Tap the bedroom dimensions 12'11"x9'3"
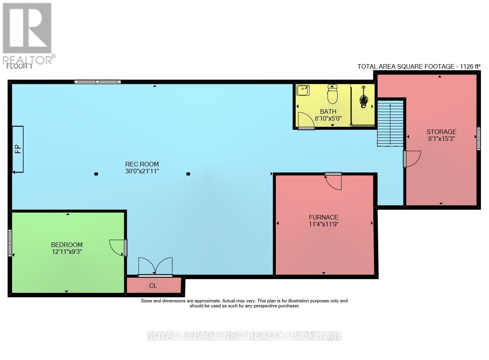tap(67, 252)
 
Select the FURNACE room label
tap(324, 217)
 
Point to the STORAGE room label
tap(441, 132)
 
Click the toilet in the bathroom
tap(332, 94)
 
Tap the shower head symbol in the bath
tap(363, 100)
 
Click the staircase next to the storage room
tap(390, 123)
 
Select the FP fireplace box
tap(18, 149)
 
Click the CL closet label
tap(153, 286)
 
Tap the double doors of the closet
tap(155, 266)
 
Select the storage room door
tap(412, 158)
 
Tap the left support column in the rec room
tap(96, 174)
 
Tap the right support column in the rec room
tap(188, 174)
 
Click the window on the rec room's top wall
tap(97, 82)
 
